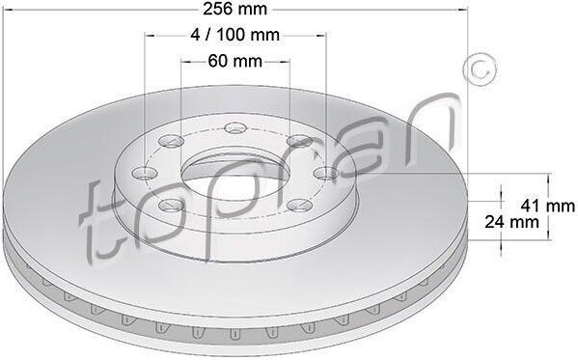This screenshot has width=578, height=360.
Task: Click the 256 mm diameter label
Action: click(x=234, y=9)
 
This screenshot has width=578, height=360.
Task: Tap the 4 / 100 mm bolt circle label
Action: click(x=234, y=35)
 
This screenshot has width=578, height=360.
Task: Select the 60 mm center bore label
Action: click(x=234, y=61)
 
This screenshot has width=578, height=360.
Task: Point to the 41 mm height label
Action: click(x=547, y=206)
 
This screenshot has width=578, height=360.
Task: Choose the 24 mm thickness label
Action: click(x=511, y=222)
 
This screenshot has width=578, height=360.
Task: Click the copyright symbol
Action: click(x=480, y=69)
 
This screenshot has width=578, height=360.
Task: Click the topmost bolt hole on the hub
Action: click(x=235, y=128)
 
